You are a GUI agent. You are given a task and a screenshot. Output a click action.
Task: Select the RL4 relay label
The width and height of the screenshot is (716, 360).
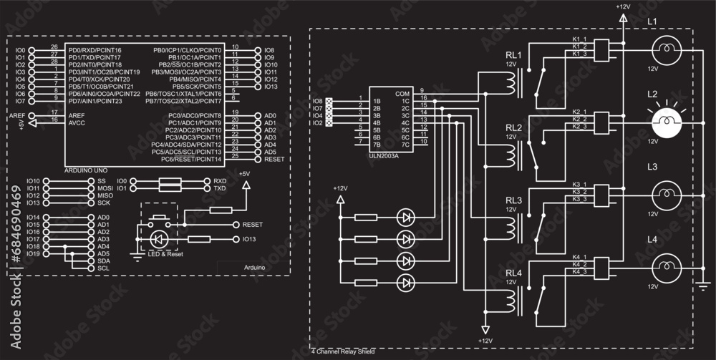pyautogui.click(x=513, y=273)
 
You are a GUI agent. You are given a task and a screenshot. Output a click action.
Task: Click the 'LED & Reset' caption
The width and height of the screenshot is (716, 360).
pyautogui.click(x=166, y=254)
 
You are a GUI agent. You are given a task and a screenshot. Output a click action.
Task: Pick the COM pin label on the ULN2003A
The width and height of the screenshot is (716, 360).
pyautogui.click(x=402, y=94)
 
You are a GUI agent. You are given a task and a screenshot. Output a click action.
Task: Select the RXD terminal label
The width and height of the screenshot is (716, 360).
pyautogui.click(x=219, y=181)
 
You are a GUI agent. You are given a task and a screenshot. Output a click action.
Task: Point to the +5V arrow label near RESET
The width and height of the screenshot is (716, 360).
pyautogui.click(x=245, y=174)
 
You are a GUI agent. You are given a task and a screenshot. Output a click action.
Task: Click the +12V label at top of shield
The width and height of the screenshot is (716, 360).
pyautogui.click(x=622, y=6)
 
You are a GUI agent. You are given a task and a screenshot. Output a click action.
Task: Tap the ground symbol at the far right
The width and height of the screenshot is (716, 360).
pyautogui.click(x=705, y=287)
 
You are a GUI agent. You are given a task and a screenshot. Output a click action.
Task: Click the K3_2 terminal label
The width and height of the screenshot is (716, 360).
pyautogui.click(x=579, y=192)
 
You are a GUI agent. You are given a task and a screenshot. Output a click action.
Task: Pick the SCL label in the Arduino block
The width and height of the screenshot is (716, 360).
pyautogui.click(x=103, y=268)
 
